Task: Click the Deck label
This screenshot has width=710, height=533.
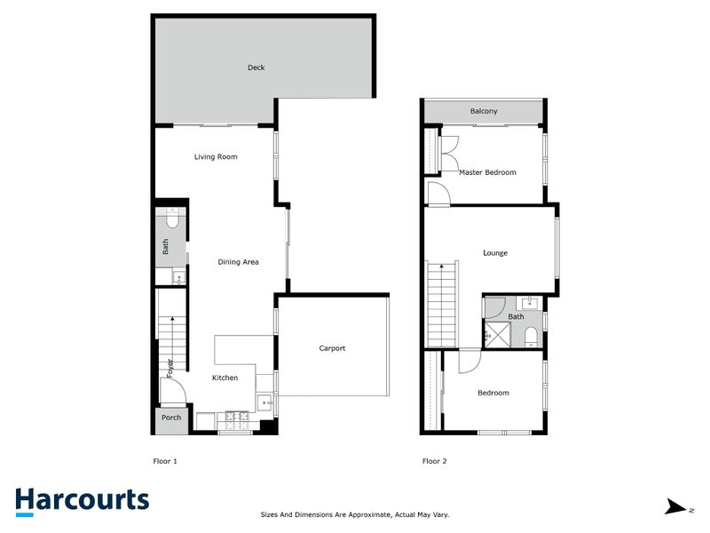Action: (x=256, y=68)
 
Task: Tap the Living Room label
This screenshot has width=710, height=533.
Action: (x=216, y=157)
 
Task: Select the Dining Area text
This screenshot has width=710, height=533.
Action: (x=239, y=262)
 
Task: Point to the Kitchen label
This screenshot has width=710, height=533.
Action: (x=225, y=378)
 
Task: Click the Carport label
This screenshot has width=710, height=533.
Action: (x=332, y=348)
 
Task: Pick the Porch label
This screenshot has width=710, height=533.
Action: (x=171, y=418)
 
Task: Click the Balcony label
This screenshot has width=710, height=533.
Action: (x=484, y=111)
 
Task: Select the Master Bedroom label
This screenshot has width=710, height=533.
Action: (x=487, y=172)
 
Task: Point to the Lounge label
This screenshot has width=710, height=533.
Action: (x=495, y=253)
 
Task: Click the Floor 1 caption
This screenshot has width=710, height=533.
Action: (x=166, y=461)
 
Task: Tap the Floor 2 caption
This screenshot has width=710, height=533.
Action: (x=435, y=461)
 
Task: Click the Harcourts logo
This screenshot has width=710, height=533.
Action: (x=82, y=501)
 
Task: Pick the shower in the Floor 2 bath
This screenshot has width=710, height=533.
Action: (x=497, y=336)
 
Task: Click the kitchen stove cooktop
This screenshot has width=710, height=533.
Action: (x=236, y=415)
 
